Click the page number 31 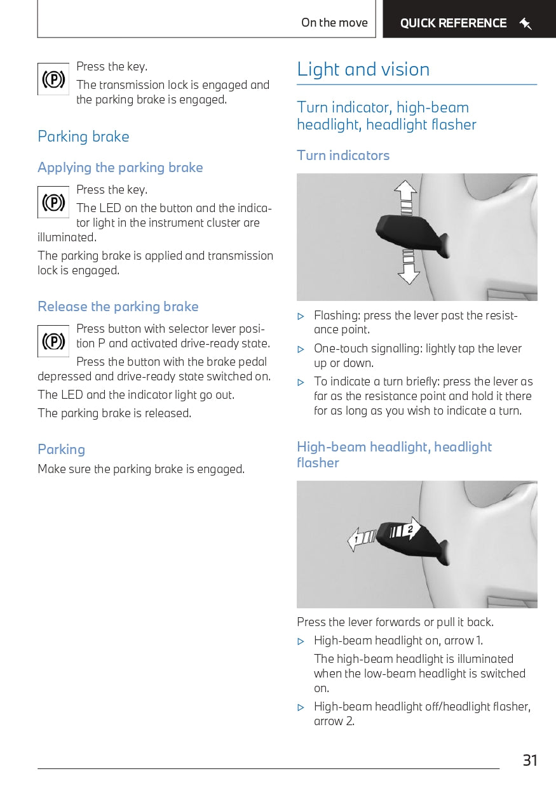530,760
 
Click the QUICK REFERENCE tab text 453,23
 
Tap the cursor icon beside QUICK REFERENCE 525,24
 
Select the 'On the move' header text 334,23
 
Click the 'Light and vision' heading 363,69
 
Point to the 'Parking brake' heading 83,137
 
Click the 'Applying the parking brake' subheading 120,168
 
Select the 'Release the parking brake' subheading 118,307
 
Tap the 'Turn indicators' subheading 343,156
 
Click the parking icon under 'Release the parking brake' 53,342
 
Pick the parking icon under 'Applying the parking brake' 53,203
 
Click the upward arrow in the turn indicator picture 405,193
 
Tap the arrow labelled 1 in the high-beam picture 359,540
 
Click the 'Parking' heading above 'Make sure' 61,450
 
